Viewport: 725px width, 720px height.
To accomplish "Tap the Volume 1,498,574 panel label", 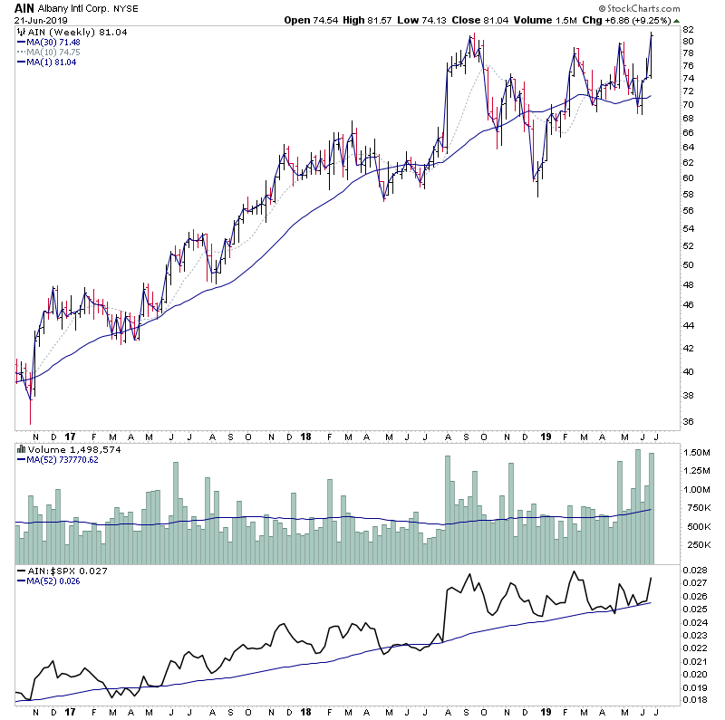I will point(62,448).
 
